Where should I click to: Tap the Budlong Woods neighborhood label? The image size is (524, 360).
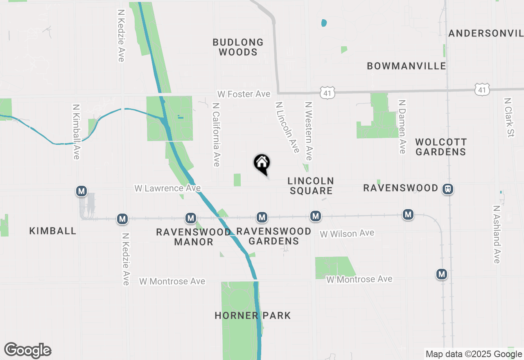(238, 47)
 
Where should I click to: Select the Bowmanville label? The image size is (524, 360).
(406, 66)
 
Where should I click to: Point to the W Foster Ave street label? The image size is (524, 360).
(244, 94)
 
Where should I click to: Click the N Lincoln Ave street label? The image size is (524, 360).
(287, 127)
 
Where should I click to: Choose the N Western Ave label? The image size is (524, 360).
(309, 131)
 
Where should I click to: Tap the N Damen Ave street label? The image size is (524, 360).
(402, 127)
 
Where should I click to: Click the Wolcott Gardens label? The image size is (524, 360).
(440, 147)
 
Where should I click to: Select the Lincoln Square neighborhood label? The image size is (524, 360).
(311, 186)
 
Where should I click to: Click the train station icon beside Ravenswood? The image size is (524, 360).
(448, 189)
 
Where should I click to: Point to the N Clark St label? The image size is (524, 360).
(509, 117)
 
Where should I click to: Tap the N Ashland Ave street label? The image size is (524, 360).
(497, 234)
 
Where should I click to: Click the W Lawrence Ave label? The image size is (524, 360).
(167, 188)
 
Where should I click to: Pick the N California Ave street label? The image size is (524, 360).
(216, 134)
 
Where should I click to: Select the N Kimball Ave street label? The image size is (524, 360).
(76, 131)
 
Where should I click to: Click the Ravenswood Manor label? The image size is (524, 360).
(193, 237)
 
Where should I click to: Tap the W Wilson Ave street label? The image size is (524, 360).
(347, 234)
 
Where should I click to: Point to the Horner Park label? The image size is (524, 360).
(253, 315)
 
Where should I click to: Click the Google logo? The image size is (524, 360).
(27, 351)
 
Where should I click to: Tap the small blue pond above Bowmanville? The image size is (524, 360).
(324, 23)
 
